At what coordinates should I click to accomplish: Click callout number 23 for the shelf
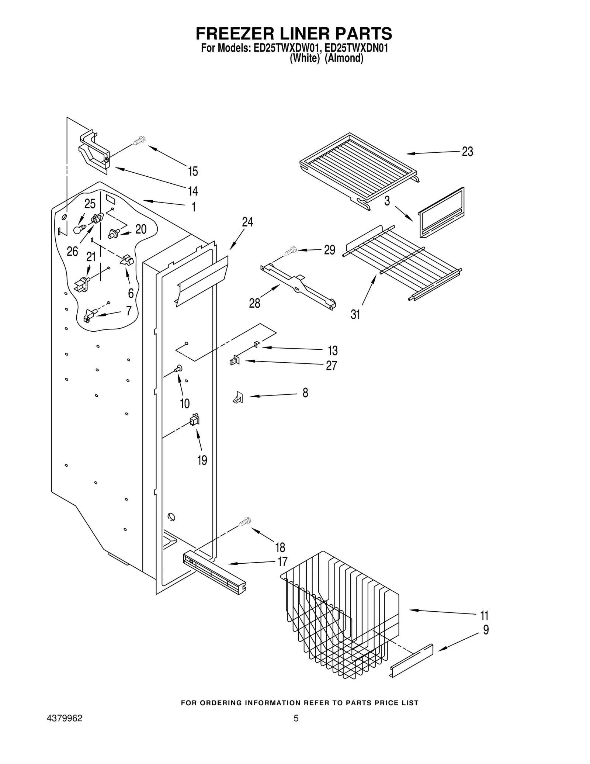coord(467,152)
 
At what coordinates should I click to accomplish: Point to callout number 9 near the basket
coord(486,630)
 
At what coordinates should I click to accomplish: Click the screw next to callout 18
coord(244,521)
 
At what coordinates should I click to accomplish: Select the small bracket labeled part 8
coord(238,397)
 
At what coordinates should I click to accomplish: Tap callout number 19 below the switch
coord(202,460)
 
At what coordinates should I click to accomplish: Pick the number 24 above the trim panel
coord(247,222)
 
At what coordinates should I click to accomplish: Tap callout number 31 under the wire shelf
coord(355,315)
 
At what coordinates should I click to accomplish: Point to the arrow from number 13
coord(291,348)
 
